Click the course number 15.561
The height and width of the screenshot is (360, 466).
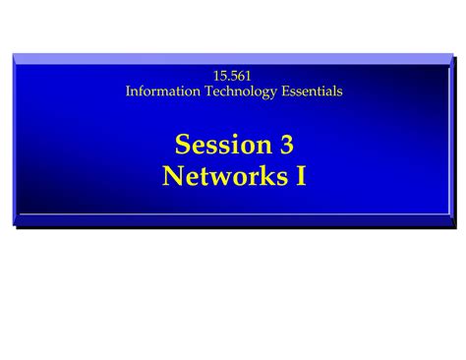(233, 76)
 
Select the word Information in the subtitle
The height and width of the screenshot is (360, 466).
(164, 91)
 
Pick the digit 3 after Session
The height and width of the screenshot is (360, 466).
(286, 145)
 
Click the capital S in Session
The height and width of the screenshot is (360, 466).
(183, 145)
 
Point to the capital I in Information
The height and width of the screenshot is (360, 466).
(129, 91)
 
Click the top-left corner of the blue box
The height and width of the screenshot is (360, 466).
(14, 53)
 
